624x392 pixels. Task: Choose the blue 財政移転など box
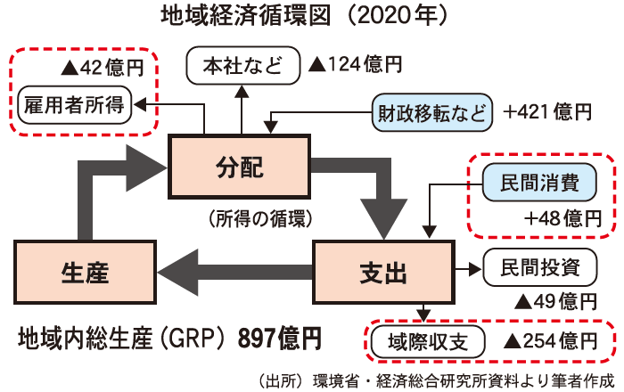pyautogui.click(x=431, y=113)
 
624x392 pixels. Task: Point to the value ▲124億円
pyautogui.click(x=354, y=65)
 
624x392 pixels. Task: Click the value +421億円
pyautogui.click(x=547, y=113)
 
